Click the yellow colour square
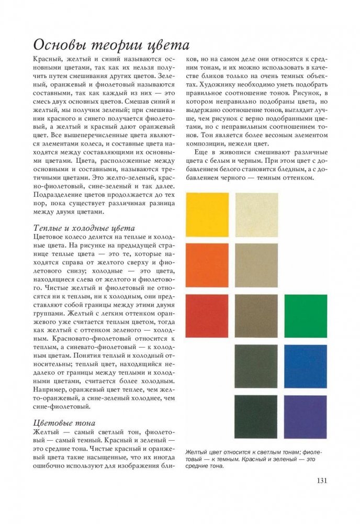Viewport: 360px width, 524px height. (x=207, y=214)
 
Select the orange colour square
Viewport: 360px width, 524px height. (x=207, y=265)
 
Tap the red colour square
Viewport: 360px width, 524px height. (x=207, y=316)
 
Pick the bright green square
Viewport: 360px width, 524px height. (x=305, y=316)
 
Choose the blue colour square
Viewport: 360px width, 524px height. (x=305, y=366)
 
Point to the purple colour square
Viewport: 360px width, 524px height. (x=305, y=417)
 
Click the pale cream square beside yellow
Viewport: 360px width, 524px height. (x=256, y=214)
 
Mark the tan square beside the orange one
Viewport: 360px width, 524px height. (x=256, y=265)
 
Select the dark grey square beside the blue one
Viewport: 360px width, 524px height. (x=256, y=366)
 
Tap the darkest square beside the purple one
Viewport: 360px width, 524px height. (x=256, y=417)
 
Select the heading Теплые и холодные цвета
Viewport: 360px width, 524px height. (x=84, y=228)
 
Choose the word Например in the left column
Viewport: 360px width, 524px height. (x=51, y=390)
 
